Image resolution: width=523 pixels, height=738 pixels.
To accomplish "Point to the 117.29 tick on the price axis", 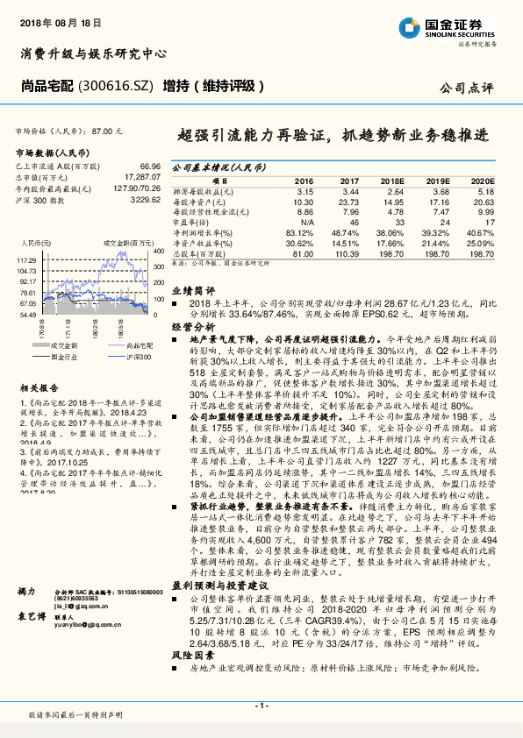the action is click(26, 261).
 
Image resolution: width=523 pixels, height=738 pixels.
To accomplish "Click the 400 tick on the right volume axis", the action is click(158, 252).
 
